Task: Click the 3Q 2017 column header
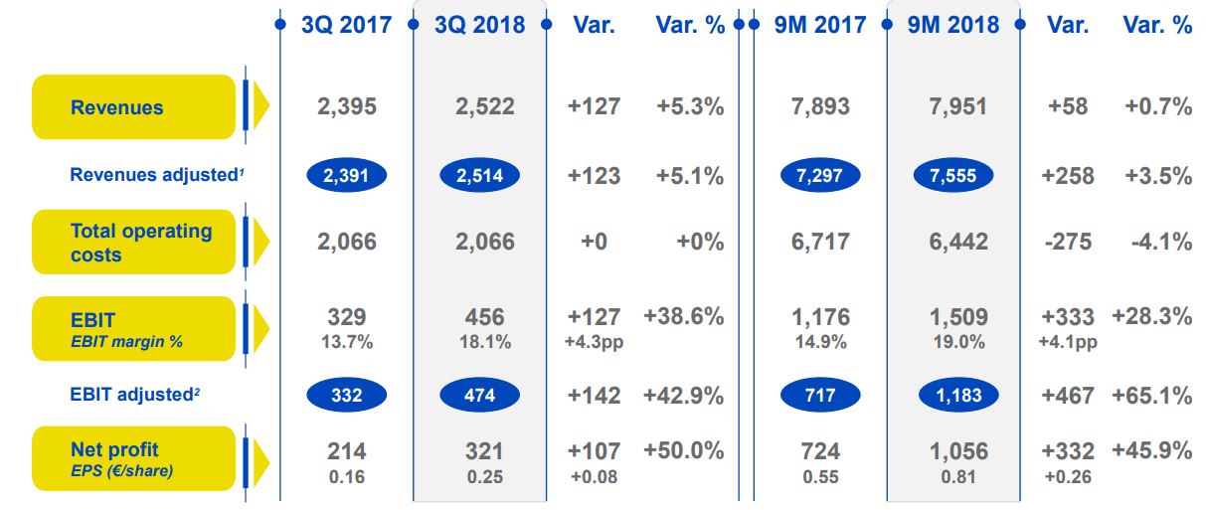coord(346,25)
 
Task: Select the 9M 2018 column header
coord(953,25)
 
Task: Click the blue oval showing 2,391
coord(347,176)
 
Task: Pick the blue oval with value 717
coord(820,395)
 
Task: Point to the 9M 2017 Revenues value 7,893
coord(820,107)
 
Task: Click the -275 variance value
coord(1068,242)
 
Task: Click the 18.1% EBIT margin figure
coord(486,342)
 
